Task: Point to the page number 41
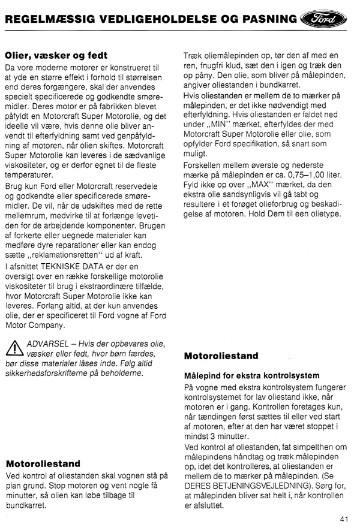pos(344,519)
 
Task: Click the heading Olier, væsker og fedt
pos(56,55)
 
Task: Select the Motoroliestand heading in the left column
pos(43,463)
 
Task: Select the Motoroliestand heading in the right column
pos(221,356)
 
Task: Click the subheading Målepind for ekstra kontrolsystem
pos(248,375)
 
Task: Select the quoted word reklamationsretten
pos(70,255)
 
